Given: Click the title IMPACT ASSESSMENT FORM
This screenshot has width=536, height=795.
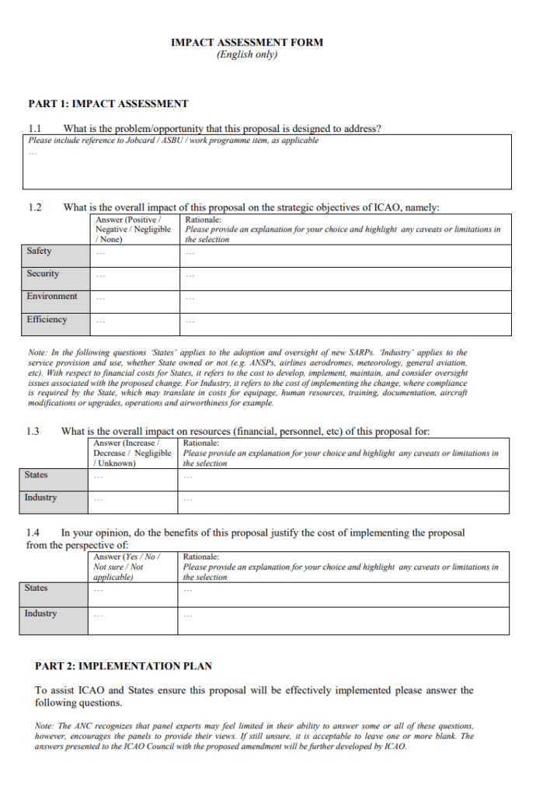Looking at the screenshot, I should pos(247,43).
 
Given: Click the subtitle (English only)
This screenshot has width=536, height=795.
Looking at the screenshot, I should pos(247,55).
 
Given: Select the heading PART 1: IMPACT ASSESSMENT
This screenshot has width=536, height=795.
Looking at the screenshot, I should pos(108,103).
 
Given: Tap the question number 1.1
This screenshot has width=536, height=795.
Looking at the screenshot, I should pos(35,129).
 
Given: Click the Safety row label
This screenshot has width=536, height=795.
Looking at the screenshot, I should pos(39,251).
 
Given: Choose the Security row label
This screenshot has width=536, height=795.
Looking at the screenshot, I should pos(43,274).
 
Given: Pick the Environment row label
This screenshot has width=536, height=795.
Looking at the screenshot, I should pos(51,297).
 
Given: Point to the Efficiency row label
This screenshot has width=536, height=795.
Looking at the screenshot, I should pos(47,320).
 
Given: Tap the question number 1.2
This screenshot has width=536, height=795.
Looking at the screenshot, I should pos(35,207).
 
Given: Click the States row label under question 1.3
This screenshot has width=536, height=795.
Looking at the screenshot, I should pos(36,475).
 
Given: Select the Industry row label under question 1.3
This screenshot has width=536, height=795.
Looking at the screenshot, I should pos(40,498).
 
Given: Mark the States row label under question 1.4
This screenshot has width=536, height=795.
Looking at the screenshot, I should pos(36,588).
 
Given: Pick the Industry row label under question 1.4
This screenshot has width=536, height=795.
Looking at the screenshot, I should pos(40,613).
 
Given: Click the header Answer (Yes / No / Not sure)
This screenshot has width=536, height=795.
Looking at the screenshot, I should pos(125,567).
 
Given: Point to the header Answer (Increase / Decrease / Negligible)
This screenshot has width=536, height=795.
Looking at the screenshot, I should pos(131,453).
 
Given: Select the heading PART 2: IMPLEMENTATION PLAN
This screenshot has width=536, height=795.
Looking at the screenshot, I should pos(124,666).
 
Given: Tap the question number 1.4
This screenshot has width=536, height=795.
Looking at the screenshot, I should pos(33,533).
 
